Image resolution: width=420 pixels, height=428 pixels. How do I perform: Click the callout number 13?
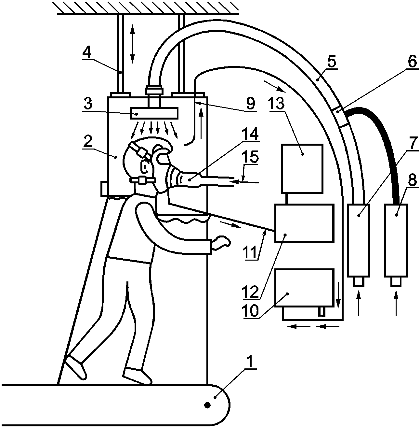tap(277, 104)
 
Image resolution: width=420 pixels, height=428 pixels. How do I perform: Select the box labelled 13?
tap(302, 168)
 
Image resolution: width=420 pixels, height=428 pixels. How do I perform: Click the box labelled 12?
tap(304, 223)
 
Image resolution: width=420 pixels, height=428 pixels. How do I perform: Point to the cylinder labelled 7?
tap(359, 240)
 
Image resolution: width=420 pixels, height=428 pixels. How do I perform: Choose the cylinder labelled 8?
tap(396, 240)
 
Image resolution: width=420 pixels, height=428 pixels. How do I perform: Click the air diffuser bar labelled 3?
tap(154, 113)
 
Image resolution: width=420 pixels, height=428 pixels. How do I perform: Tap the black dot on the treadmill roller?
tap(207, 405)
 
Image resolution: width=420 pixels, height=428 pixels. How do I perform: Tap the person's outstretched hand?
tap(221, 243)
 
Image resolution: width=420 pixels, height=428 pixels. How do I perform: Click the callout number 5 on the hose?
tap(332, 61)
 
